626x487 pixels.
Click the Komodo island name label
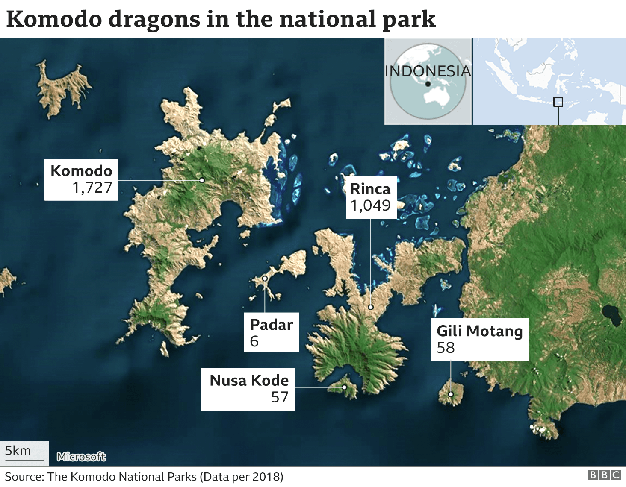(x=81, y=171)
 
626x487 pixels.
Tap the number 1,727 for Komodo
(x=92, y=188)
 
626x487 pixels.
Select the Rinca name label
(x=370, y=189)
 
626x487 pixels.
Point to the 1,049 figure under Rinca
(x=371, y=205)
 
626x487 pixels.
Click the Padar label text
(x=271, y=325)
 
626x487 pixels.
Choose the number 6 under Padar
(x=254, y=341)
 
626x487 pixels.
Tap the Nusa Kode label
(x=249, y=380)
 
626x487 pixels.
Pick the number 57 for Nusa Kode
(x=280, y=397)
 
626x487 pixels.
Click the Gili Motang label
(x=479, y=331)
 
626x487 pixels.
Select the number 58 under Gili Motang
(x=446, y=348)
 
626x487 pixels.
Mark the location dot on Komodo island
(x=202, y=180)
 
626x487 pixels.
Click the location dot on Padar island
(x=265, y=278)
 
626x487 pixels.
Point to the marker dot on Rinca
(x=371, y=307)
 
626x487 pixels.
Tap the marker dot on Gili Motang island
(x=451, y=394)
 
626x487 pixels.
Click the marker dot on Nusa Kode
(x=344, y=387)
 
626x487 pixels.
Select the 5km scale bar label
(x=18, y=451)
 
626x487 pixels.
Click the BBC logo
(x=604, y=475)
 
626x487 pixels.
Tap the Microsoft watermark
(x=81, y=457)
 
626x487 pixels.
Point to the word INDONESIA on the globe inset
(x=428, y=71)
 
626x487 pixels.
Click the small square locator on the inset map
(x=558, y=102)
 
